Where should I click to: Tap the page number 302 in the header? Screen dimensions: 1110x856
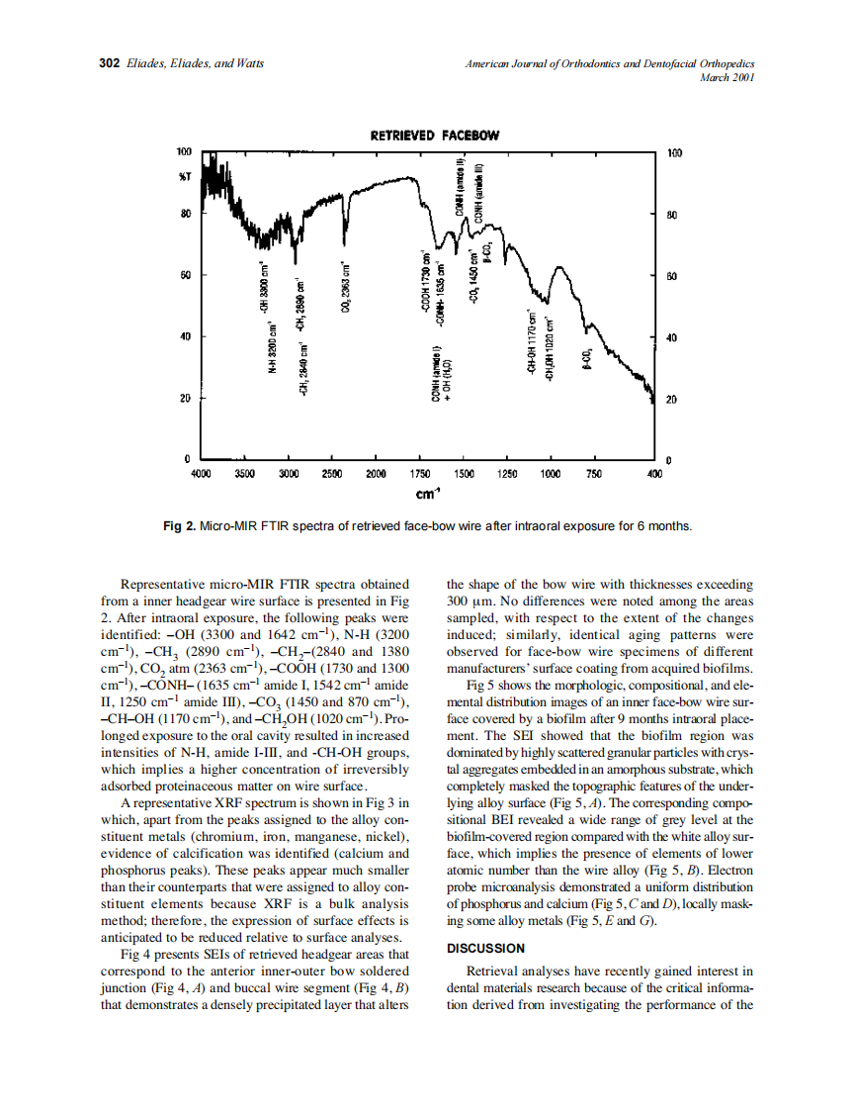[110, 63]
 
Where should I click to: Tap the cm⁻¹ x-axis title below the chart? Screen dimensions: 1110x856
[427, 493]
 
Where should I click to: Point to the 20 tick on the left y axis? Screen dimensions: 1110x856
[184, 399]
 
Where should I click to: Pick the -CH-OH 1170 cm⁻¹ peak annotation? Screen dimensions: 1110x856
[532, 341]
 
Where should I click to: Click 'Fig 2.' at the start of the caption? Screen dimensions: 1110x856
[179, 525]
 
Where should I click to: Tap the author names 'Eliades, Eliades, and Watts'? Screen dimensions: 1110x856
[194, 63]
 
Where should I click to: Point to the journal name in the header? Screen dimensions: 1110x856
[609, 63]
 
